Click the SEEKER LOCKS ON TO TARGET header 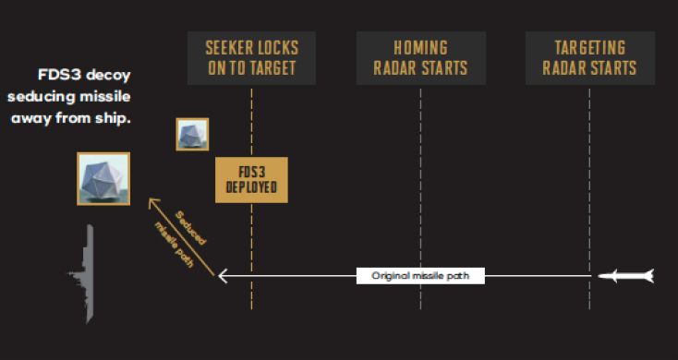click(251, 57)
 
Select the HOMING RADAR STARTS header click(420, 57)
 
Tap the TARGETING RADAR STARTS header click(589, 57)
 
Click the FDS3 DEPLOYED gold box click(251, 180)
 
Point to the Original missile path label click(420, 275)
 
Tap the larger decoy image click(103, 179)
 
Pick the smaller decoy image click(193, 134)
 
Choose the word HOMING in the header click(420, 47)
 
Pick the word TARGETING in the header click(589, 47)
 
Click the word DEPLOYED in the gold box click(251, 188)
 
